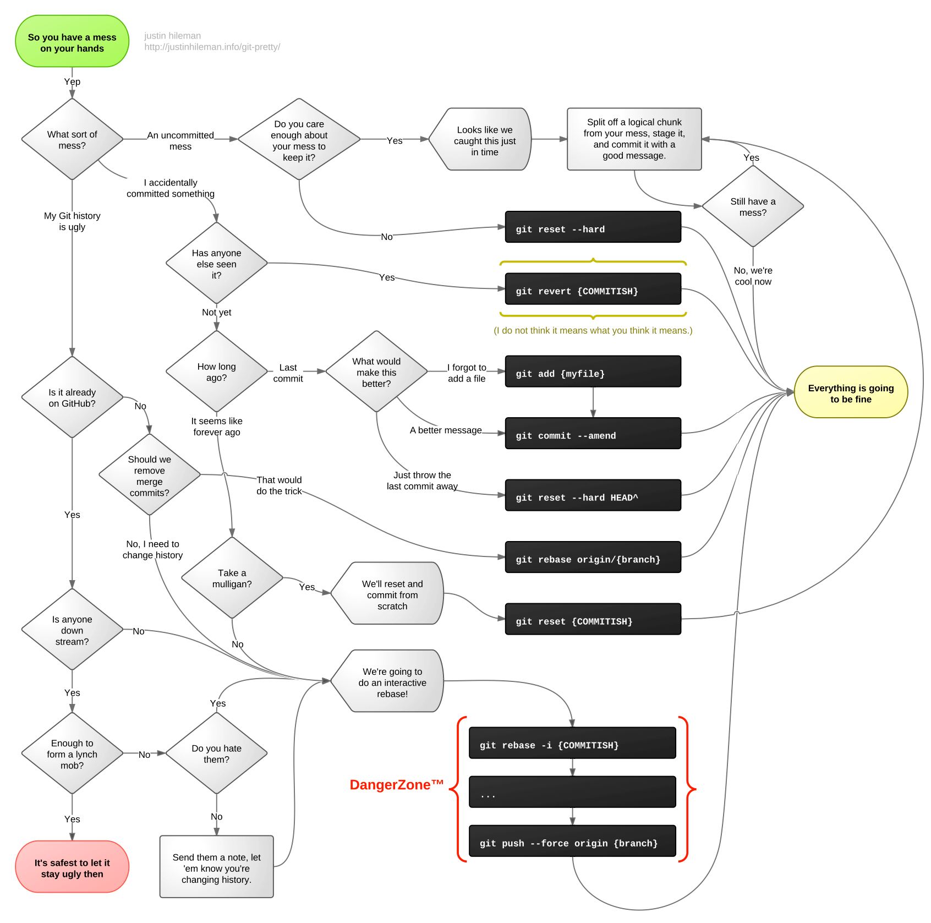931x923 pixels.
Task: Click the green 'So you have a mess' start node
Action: (x=72, y=42)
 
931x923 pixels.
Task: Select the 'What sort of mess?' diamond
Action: (x=72, y=139)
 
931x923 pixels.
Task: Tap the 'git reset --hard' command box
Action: (x=593, y=227)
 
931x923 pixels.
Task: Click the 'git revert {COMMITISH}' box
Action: (x=593, y=290)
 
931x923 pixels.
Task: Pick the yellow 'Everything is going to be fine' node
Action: (x=850, y=392)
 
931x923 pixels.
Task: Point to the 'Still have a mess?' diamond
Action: (x=752, y=206)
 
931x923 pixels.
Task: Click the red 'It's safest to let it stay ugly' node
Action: (x=72, y=867)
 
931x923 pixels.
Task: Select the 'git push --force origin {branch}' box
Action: (x=572, y=842)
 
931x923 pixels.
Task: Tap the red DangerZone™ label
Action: (x=396, y=785)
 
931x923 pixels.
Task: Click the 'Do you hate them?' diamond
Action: (x=216, y=753)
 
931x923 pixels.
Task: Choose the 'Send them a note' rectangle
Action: (x=216, y=867)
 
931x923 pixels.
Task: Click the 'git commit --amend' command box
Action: (x=593, y=434)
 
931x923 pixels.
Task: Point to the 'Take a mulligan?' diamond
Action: (x=232, y=578)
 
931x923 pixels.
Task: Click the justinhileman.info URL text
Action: (x=212, y=47)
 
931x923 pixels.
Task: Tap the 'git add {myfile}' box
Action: (x=593, y=372)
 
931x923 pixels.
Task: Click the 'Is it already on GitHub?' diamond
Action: (x=72, y=397)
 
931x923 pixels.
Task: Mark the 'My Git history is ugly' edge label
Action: (x=72, y=221)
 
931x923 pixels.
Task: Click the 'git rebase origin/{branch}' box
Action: (x=593, y=558)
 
